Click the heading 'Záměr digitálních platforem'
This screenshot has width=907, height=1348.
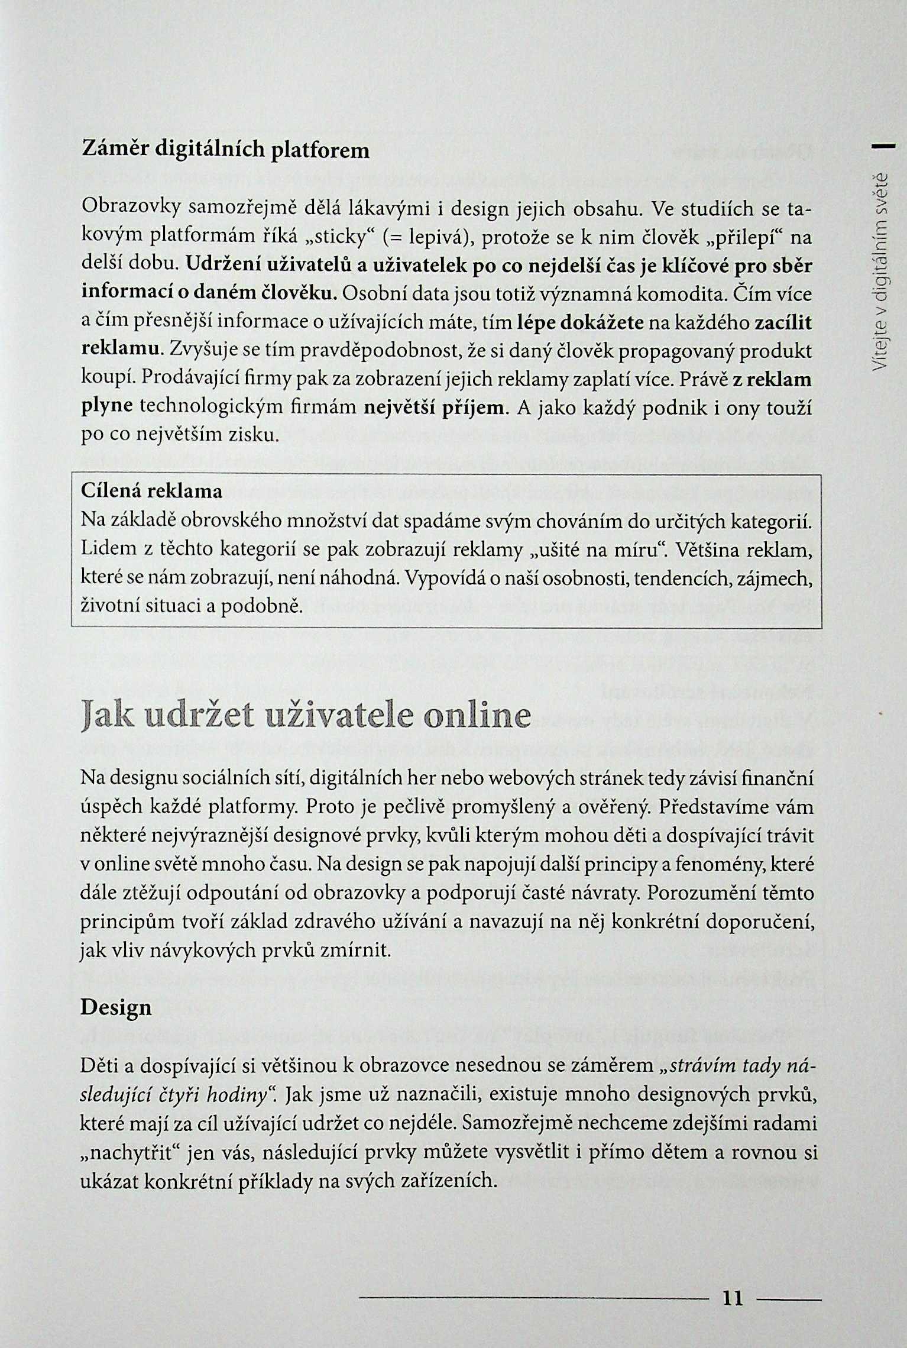click(225, 150)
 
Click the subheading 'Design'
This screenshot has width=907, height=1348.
click(116, 1007)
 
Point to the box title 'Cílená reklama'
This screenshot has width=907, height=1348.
click(151, 492)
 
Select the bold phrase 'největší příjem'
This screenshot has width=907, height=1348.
click(435, 408)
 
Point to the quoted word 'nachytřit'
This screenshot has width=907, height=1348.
click(137, 1152)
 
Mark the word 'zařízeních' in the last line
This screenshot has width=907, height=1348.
click(446, 1181)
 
